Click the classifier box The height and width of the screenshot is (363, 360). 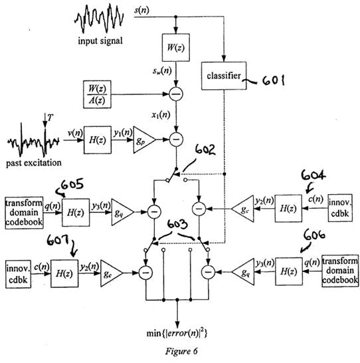click(x=224, y=76)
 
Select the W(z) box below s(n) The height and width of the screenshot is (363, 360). click(x=176, y=47)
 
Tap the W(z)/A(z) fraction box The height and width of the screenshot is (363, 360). click(x=97, y=94)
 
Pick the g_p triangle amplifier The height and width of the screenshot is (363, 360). click(x=144, y=140)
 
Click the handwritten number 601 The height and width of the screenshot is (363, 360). click(x=273, y=81)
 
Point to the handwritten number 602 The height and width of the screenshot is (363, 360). click(x=205, y=150)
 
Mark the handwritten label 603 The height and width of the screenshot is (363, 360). click(x=177, y=224)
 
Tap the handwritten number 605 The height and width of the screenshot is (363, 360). click(x=72, y=185)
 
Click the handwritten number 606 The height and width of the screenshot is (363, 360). click(x=314, y=235)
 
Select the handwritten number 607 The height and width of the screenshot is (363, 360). click(x=58, y=241)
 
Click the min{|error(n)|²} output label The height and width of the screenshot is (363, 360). click(x=177, y=333)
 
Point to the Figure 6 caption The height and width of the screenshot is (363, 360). click(x=181, y=351)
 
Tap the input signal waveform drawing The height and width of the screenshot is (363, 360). click(x=99, y=19)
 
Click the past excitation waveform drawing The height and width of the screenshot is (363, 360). click(x=33, y=141)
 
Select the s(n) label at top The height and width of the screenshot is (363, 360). click(x=141, y=11)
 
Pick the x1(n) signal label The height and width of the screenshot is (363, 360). click(x=161, y=115)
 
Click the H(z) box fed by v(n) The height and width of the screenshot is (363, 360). click(x=98, y=140)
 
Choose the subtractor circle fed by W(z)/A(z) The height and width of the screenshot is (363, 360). click(x=176, y=94)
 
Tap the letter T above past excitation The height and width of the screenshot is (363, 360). click(x=50, y=118)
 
